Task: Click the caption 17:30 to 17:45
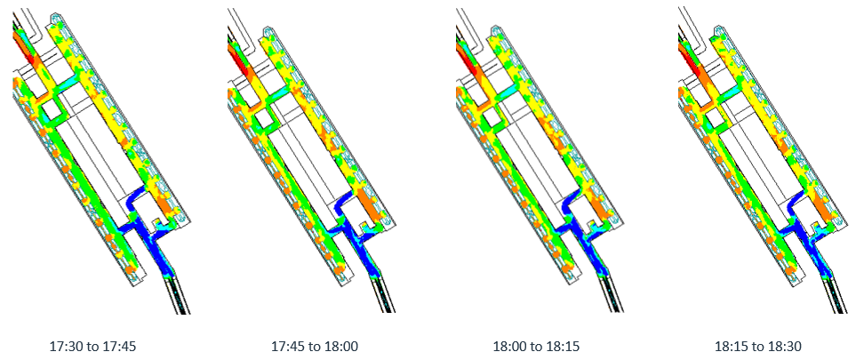tap(92, 347)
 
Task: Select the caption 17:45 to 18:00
tap(315, 347)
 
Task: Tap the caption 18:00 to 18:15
tap(536, 347)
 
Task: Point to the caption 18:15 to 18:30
tap(758, 347)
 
